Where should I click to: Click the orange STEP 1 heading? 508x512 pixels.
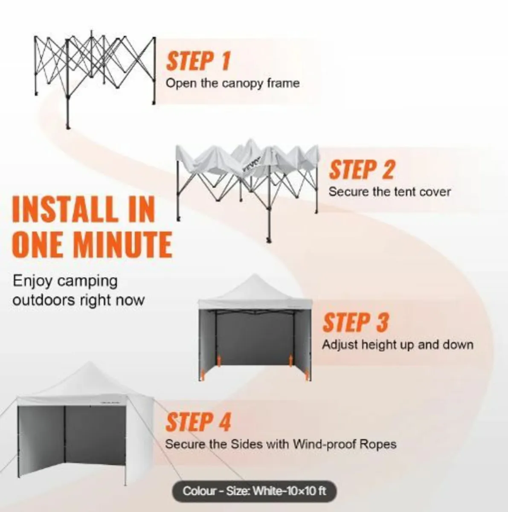[198, 61]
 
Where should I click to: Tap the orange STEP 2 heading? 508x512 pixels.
[362, 170]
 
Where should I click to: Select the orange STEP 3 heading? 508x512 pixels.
[356, 323]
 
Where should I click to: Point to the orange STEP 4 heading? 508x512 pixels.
[198, 422]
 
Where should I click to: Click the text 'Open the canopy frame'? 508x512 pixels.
[233, 84]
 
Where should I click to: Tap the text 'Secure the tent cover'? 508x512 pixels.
[390, 192]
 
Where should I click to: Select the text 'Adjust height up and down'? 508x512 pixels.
[398, 345]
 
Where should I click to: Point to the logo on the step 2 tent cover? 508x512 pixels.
[251, 164]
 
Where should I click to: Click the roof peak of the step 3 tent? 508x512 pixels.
[255, 275]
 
